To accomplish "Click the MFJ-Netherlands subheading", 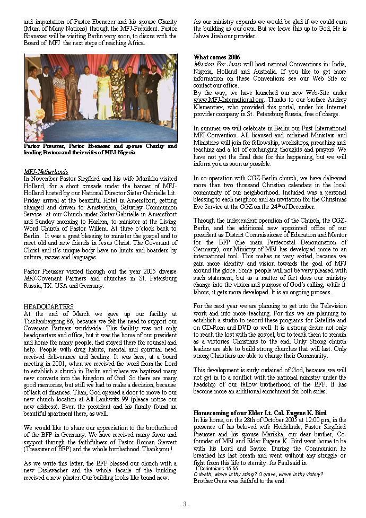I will coord(46,172).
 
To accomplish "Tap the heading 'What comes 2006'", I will coord(216,57).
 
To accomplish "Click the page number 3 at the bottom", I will coord(183,504).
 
